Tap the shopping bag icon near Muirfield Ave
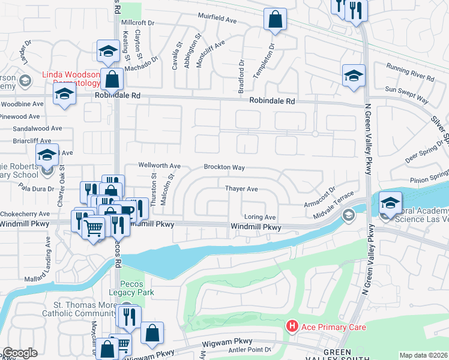pos(274,19)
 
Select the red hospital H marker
pos(292,326)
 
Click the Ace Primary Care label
pos(333,327)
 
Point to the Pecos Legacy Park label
pos(137,288)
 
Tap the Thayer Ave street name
pos(241,189)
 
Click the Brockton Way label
pos(224,167)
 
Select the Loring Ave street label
pos(259,217)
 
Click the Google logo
pos(20,353)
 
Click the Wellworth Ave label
pos(159,166)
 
